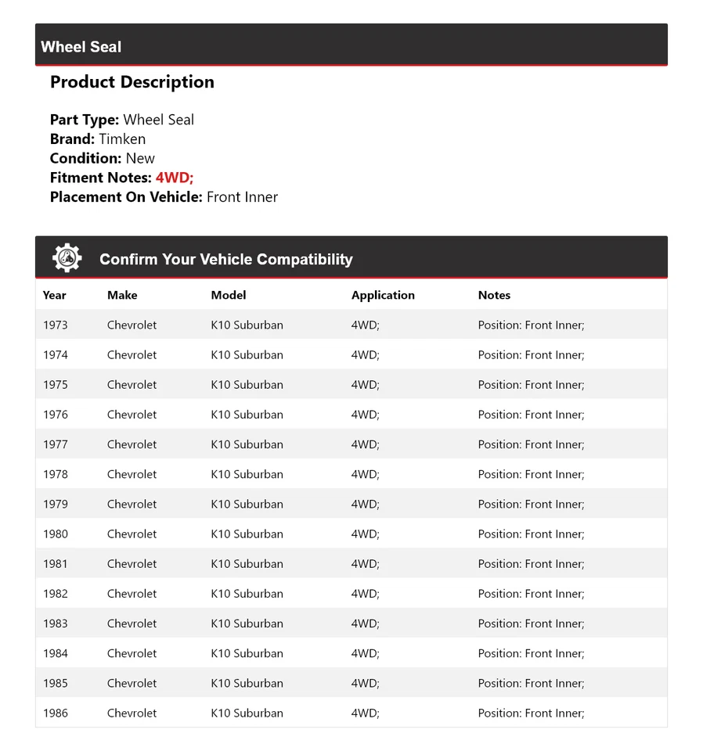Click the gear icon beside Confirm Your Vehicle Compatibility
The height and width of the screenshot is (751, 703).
point(67,258)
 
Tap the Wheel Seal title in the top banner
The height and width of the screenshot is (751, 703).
point(81,47)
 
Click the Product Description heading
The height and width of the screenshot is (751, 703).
point(132,82)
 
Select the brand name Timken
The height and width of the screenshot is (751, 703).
point(122,139)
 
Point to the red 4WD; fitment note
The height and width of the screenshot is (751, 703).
point(175,178)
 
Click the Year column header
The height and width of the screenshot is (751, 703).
point(55,295)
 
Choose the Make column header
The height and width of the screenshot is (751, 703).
point(122,295)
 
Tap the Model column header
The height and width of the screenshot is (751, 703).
point(229,295)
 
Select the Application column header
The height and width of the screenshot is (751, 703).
point(383,295)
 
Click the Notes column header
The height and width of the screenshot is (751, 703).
point(494,295)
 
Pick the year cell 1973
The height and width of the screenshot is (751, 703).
point(56,325)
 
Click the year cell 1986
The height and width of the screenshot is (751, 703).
point(56,713)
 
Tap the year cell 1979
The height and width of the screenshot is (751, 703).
point(56,504)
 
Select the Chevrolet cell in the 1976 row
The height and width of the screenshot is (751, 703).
point(132,415)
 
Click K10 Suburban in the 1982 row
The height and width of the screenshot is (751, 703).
point(247,594)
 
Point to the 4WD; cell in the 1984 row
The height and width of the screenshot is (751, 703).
point(365,653)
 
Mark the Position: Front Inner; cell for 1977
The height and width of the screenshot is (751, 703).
point(531,444)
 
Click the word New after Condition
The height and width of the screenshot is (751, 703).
point(140,158)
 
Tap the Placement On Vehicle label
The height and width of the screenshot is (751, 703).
point(126,197)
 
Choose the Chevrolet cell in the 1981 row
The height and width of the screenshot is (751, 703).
point(132,564)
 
